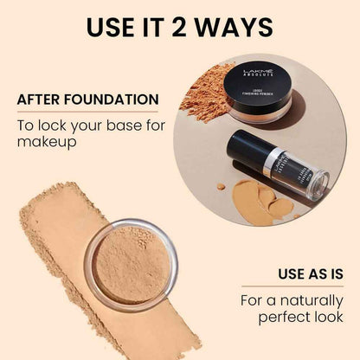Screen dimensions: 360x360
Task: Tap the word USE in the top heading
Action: click(x=111, y=28)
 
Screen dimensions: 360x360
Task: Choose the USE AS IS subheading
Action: click(x=303, y=274)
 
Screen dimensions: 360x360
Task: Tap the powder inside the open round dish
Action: click(x=130, y=263)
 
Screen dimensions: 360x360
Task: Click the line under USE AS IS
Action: click(x=303, y=286)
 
